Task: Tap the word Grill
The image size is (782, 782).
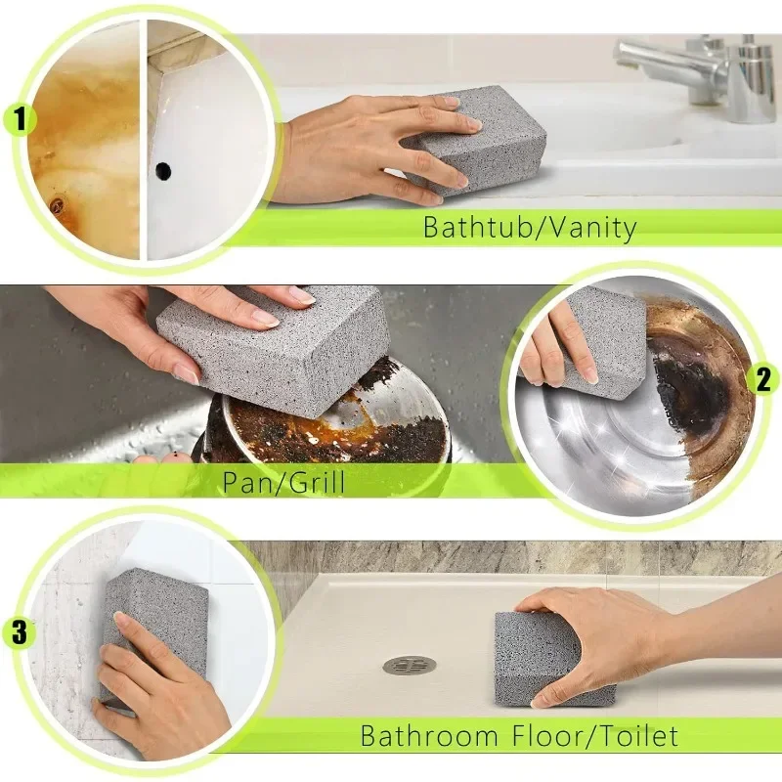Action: click(313, 481)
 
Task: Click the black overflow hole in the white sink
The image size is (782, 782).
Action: click(162, 171)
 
